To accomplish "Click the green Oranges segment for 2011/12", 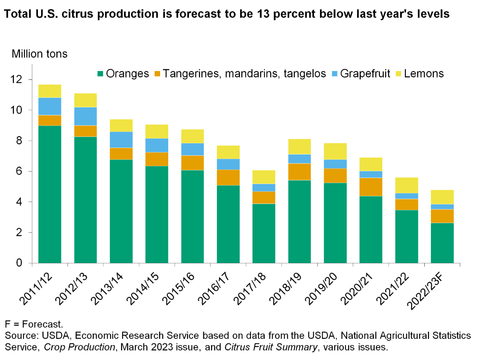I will tap(50, 194).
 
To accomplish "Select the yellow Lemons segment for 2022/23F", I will tap(442, 197).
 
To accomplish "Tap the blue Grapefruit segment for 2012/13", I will tap(85, 117).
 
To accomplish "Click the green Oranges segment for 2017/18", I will tap(264, 233).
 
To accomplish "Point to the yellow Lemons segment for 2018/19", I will tap(299, 146).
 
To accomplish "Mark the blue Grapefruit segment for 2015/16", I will tap(192, 149).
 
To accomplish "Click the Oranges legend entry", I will tap(124, 74).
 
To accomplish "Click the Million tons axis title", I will tap(40, 54).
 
